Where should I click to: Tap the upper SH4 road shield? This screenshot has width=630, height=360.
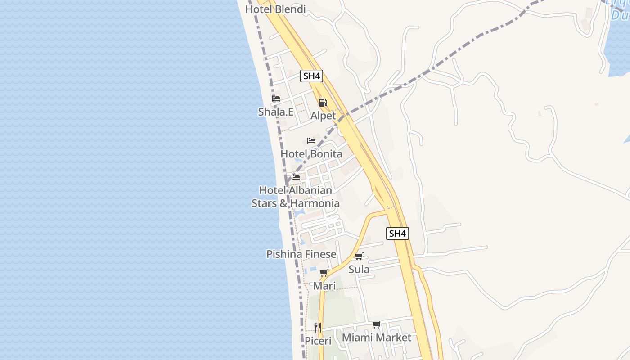311,76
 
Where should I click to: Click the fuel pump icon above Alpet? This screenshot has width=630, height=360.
323,103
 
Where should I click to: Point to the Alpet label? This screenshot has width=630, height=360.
323,116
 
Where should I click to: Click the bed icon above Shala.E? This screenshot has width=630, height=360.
276,99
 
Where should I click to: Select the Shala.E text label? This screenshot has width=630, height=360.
276,112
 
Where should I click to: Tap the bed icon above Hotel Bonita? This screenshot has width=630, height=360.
311,141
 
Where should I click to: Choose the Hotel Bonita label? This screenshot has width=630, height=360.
311,154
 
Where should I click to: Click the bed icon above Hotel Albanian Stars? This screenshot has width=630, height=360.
296,177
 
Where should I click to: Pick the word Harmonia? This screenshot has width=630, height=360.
315,203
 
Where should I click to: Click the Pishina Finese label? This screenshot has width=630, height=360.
301,254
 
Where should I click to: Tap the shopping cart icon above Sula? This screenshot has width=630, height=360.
359,256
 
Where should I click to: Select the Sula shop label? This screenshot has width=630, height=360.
359,270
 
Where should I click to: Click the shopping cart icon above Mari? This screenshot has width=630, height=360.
324,273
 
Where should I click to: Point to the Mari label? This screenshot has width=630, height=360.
324,286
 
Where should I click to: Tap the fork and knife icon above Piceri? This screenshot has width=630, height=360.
318,327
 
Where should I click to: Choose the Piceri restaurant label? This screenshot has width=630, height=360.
318,341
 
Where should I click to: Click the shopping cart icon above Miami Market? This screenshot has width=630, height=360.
377,324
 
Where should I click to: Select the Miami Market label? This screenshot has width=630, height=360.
377,337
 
